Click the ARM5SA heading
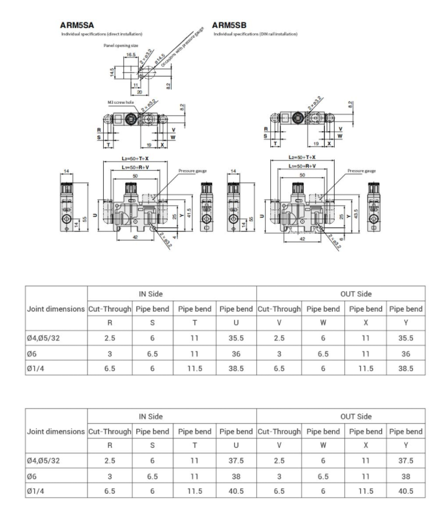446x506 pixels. (77, 26)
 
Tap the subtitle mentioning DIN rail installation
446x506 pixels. (255, 34)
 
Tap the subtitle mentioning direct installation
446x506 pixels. (101, 34)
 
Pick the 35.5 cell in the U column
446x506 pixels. (235, 338)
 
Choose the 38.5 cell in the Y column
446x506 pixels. (405, 367)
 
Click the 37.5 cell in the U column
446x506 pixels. (235, 460)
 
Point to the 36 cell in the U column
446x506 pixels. (235, 353)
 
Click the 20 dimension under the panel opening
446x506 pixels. (139, 92)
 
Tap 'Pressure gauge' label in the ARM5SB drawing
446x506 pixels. (361, 171)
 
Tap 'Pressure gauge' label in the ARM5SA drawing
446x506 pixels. (193, 171)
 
